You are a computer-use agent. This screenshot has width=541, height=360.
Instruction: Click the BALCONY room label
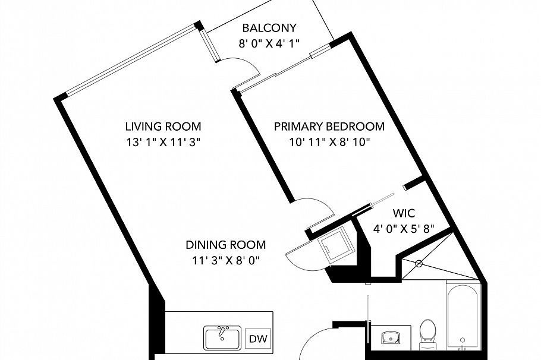[269, 27]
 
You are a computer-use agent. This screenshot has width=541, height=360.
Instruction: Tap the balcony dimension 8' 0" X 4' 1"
[269, 43]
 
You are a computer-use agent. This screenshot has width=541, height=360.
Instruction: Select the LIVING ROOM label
[163, 127]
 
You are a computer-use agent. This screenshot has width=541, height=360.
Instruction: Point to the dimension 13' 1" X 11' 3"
[163, 142]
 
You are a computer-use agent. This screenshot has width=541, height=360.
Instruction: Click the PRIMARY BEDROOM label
[329, 127]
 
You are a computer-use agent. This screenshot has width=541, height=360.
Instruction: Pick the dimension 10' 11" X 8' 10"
[329, 142]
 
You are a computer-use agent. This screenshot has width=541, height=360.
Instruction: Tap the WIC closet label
[404, 213]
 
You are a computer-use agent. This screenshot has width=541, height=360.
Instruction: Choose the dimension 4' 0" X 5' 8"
[404, 229]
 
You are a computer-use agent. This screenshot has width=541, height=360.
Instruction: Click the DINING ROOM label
[226, 245]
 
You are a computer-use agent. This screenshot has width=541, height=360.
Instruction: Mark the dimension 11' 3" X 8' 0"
[226, 260]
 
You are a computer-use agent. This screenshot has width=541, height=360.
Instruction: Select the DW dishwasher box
[258, 339]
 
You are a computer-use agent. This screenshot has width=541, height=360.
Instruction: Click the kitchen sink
[222, 337]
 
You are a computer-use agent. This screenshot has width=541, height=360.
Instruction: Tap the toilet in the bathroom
[428, 334]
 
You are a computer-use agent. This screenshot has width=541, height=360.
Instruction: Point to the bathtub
[463, 317]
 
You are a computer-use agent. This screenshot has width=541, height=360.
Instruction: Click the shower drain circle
[419, 264]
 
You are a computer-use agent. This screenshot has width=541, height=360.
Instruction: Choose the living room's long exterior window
[131, 59]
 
